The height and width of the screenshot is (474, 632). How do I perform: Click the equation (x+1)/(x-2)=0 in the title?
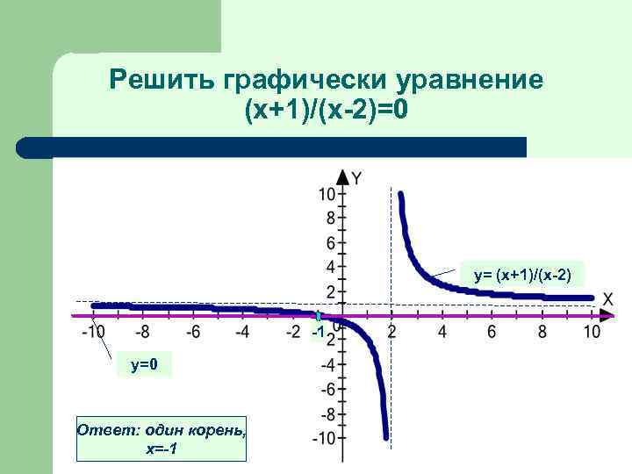[327, 112]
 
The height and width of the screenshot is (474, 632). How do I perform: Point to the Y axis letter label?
[356, 178]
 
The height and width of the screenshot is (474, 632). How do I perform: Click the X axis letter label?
[607, 299]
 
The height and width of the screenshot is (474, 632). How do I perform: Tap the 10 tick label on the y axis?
[327, 194]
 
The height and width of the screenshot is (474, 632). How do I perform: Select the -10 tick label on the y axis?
[323, 438]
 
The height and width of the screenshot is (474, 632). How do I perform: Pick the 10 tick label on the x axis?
[591, 332]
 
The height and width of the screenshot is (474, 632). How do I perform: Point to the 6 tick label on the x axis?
[492, 332]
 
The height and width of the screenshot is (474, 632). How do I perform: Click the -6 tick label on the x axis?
[192, 332]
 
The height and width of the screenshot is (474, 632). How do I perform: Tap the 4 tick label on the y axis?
[330, 267]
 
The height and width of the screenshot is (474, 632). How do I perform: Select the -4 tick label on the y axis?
[327, 364]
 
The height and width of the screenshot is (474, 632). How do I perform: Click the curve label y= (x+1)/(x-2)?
[522, 276]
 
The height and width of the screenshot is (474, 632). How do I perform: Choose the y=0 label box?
[144, 364]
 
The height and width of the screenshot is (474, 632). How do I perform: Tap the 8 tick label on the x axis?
[542, 332]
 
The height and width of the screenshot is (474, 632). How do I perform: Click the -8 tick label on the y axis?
[327, 413]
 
